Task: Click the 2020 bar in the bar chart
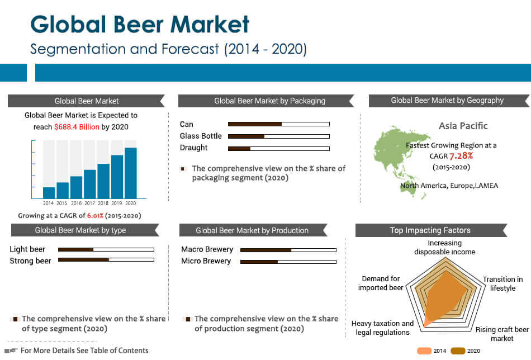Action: [x=131, y=173]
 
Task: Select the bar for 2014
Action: [x=49, y=193]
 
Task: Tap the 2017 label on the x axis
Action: [x=90, y=203]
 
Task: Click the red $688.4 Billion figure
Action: [x=77, y=127]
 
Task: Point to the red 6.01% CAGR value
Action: [x=95, y=216]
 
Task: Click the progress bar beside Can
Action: [x=279, y=124]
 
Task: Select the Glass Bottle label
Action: [x=201, y=136]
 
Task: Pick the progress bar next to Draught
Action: [x=279, y=149]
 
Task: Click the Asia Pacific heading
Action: [x=463, y=126]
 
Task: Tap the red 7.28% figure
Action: [x=461, y=156]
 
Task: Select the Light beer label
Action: [x=27, y=249]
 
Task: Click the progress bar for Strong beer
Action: [x=106, y=260]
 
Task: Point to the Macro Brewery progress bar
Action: [x=288, y=250]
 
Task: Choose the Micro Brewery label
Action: [x=206, y=261]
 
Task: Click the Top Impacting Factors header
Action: [x=430, y=230]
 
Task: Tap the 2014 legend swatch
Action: [x=424, y=351]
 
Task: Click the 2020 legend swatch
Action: [x=458, y=351]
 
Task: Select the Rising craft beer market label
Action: [x=502, y=334]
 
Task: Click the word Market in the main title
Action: [x=210, y=25]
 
